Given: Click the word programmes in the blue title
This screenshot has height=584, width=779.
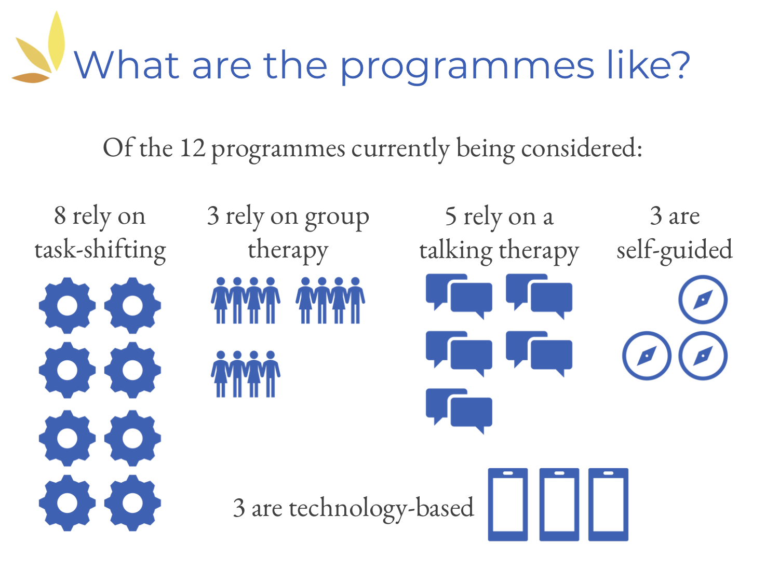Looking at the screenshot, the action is (467, 67).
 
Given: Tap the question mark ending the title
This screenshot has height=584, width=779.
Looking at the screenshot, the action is (680, 64).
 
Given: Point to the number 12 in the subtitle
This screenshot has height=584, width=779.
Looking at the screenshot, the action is (193, 148).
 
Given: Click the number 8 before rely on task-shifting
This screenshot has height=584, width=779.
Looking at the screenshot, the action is (60, 215).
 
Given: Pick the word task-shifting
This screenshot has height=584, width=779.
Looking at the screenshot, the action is (100, 250).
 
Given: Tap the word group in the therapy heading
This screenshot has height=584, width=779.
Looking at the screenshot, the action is (337, 218).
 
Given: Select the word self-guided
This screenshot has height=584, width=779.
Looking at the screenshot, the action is (674, 250).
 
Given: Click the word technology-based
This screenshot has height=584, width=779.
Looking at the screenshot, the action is (382, 509).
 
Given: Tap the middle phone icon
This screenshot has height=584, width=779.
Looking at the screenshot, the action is (559, 504).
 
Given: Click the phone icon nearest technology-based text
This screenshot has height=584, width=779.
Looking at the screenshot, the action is (508, 504).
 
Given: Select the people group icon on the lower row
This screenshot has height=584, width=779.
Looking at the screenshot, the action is (245, 374).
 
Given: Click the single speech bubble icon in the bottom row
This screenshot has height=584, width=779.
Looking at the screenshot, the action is (459, 411).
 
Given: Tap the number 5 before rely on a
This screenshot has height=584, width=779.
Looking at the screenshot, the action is (451, 216).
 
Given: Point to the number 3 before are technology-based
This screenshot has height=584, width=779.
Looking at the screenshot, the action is (239, 508).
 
